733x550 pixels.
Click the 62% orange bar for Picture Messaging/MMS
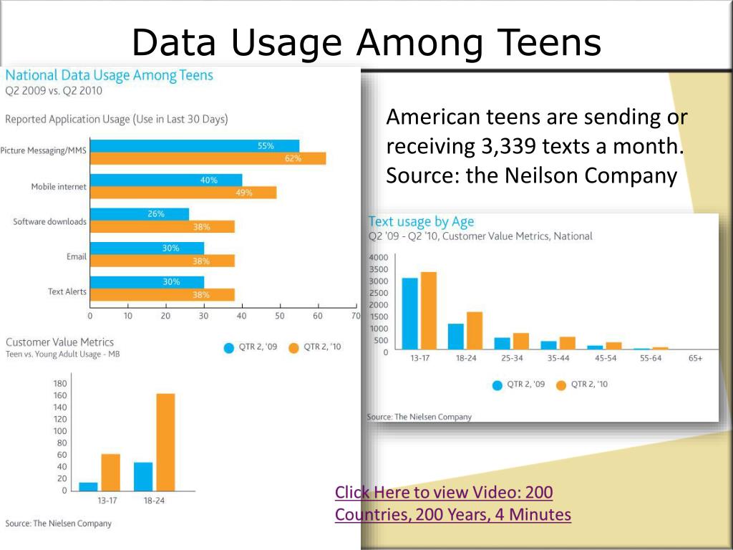pyautogui.click(x=208, y=159)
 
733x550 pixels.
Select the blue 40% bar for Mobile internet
pyautogui.click(x=166, y=180)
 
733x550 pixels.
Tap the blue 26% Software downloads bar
pyautogui.click(x=140, y=214)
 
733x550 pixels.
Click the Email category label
pyautogui.click(x=77, y=256)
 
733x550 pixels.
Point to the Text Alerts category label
pyautogui.click(x=67, y=291)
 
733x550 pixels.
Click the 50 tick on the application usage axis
pyautogui.click(x=280, y=315)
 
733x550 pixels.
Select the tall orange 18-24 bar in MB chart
pyautogui.click(x=165, y=441)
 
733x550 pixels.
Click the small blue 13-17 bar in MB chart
pyautogui.click(x=89, y=486)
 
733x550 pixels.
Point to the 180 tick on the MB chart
pyautogui.click(x=60, y=384)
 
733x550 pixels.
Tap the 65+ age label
pyautogui.click(x=695, y=358)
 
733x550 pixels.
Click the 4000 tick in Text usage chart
pyautogui.click(x=379, y=258)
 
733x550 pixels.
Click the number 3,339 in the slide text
pyautogui.click(x=510, y=146)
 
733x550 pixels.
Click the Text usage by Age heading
pyautogui.click(x=421, y=221)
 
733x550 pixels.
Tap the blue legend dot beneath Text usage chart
pyautogui.click(x=497, y=385)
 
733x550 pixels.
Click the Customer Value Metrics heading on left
pyautogui.click(x=59, y=342)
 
